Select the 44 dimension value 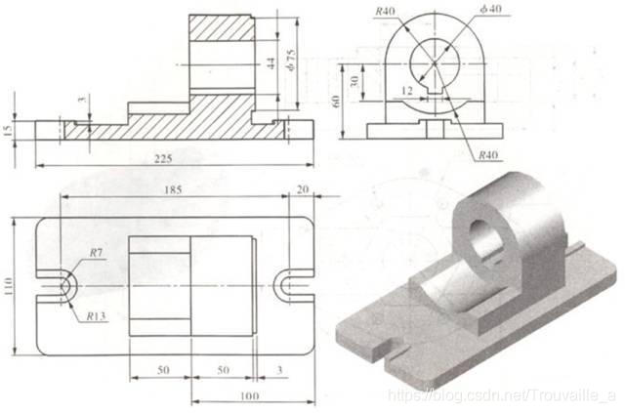tap(271, 62)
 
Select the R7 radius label tap(96, 253)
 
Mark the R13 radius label tap(94, 315)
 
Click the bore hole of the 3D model tap(487, 239)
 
